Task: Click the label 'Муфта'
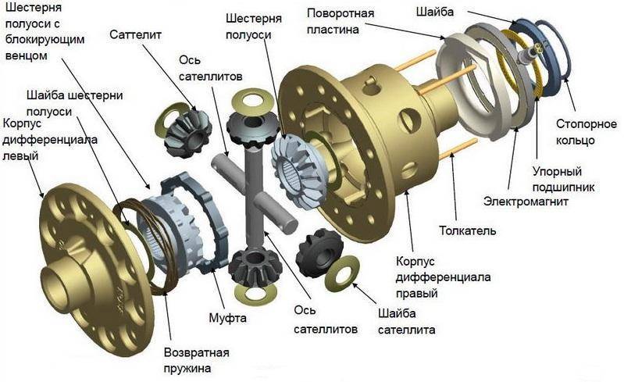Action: click(x=227, y=318)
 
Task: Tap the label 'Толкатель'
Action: click(x=468, y=230)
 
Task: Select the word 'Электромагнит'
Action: click(x=526, y=202)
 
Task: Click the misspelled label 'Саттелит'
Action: click(x=135, y=34)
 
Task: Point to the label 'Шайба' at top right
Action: click(x=435, y=12)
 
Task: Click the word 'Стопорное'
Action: click(x=587, y=124)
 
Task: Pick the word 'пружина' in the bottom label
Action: click(x=187, y=369)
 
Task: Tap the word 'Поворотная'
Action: click(x=341, y=13)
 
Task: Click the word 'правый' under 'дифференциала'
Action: click(x=417, y=294)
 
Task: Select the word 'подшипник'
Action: click(x=564, y=187)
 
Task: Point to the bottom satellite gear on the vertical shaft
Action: click(x=250, y=265)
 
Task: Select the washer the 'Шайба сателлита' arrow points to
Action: click(x=341, y=273)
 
